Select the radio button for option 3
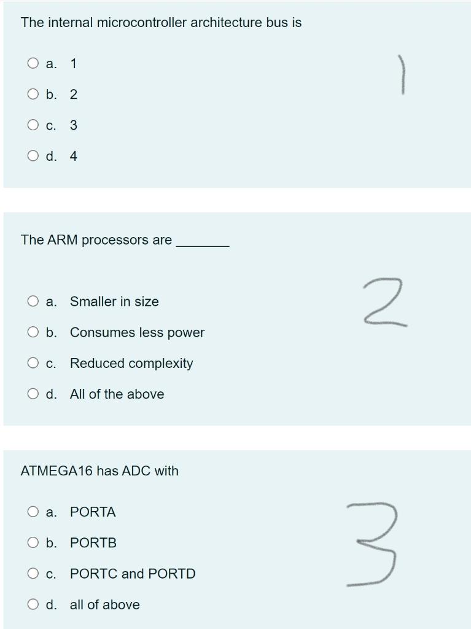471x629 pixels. (x=33, y=125)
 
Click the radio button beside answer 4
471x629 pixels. (x=33, y=156)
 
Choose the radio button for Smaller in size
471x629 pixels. (x=33, y=302)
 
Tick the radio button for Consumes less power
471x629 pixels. (x=33, y=332)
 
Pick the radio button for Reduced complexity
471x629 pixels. (x=33, y=363)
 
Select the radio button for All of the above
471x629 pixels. (x=33, y=394)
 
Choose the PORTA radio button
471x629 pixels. (x=33, y=512)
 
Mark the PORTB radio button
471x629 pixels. (x=33, y=543)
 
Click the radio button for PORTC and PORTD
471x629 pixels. (x=33, y=574)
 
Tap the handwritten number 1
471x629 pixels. (x=402, y=74)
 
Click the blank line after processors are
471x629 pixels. (x=203, y=244)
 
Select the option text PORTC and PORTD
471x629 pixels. (x=133, y=574)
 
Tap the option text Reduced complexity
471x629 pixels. (x=131, y=363)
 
